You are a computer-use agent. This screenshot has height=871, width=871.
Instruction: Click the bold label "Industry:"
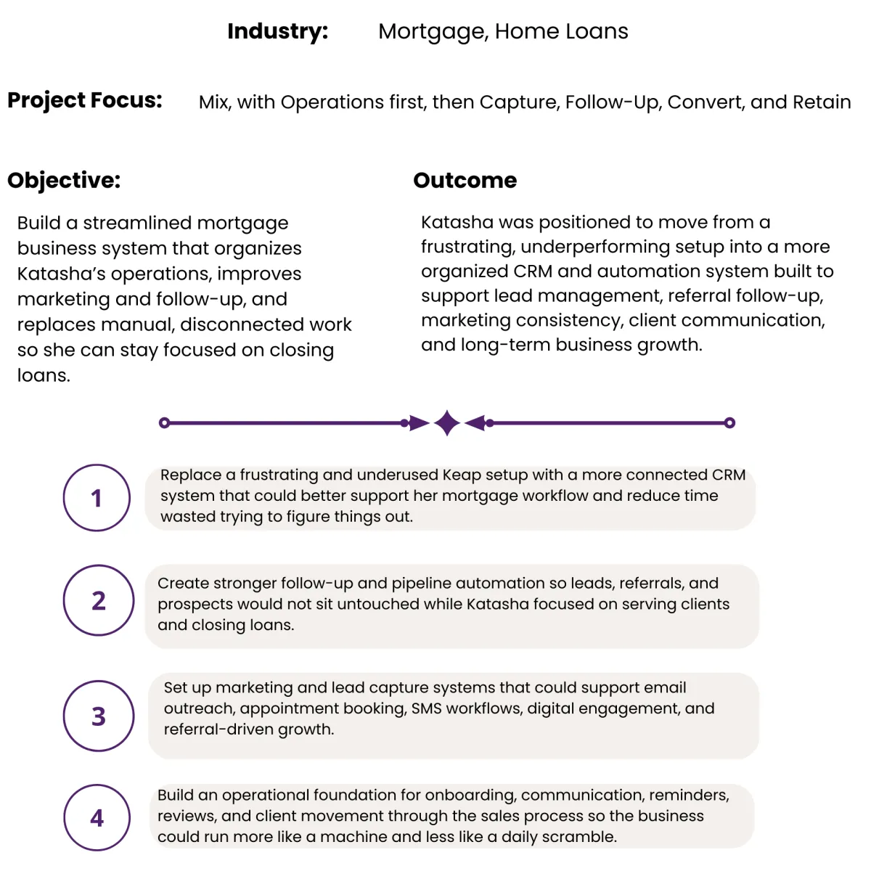tap(277, 31)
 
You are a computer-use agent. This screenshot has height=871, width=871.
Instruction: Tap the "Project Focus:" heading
tap(85, 100)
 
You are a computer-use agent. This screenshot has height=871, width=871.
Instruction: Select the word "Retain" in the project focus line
tap(822, 102)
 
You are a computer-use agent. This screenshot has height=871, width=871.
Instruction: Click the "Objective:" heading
tap(64, 180)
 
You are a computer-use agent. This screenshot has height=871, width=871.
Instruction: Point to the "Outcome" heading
tap(465, 180)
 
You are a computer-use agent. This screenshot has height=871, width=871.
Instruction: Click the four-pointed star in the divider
tap(447, 422)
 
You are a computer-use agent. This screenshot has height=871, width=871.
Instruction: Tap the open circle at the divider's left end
tap(165, 422)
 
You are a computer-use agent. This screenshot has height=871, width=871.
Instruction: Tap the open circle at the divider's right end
tap(729, 422)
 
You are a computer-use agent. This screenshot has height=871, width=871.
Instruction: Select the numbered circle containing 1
tap(97, 498)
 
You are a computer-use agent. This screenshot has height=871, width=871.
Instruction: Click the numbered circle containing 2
tap(99, 600)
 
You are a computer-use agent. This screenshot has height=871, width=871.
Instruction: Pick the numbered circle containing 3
tap(99, 716)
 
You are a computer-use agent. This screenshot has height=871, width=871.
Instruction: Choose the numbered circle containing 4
tap(97, 817)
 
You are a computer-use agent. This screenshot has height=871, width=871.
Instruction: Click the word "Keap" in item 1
tap(462, 475)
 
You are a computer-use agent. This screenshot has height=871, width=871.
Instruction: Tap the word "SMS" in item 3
tap(426, 708)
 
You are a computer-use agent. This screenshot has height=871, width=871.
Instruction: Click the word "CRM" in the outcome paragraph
tap(533, 271)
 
